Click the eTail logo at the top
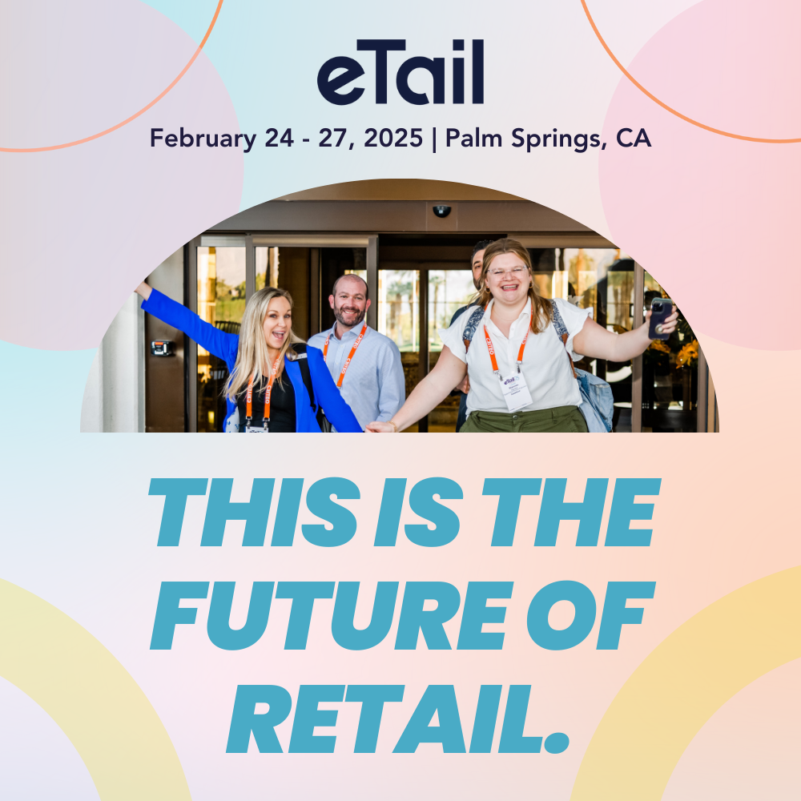[x=400, y=72]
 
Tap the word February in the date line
[x=203, y=139]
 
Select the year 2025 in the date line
[x=393, y=138]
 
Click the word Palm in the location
[x=473, y=138]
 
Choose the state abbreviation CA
[x=634, y=138]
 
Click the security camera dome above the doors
[x=442, y=211]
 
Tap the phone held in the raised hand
[x=660, y=319]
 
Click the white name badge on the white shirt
[x=515, y=392]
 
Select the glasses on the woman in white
[x=507, y=270]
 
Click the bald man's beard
[x=350, y=316]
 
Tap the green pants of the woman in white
[x=524, y=420]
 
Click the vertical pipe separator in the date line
[x=434, y=139]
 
